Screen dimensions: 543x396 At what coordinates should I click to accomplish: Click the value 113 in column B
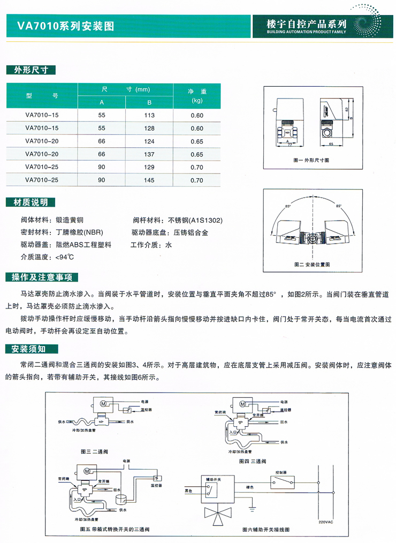click(x=149, y=116)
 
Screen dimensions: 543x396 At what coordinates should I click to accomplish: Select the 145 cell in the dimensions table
click(x=149, y=180)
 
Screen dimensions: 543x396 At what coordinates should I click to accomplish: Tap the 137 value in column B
click(x=149, y=155)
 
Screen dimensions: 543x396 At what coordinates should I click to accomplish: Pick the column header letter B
click(x=149, y=102)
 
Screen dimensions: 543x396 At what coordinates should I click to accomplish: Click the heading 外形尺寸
click(x=31, y=70)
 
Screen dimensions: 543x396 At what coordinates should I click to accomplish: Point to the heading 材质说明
click(x=31, y=202)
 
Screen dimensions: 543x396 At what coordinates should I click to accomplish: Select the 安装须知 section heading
click(x=31, y=350)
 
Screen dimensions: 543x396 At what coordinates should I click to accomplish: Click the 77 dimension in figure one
click(x=290, y=144)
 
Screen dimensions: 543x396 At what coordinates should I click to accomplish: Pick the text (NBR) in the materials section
click(x=94, y=233)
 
